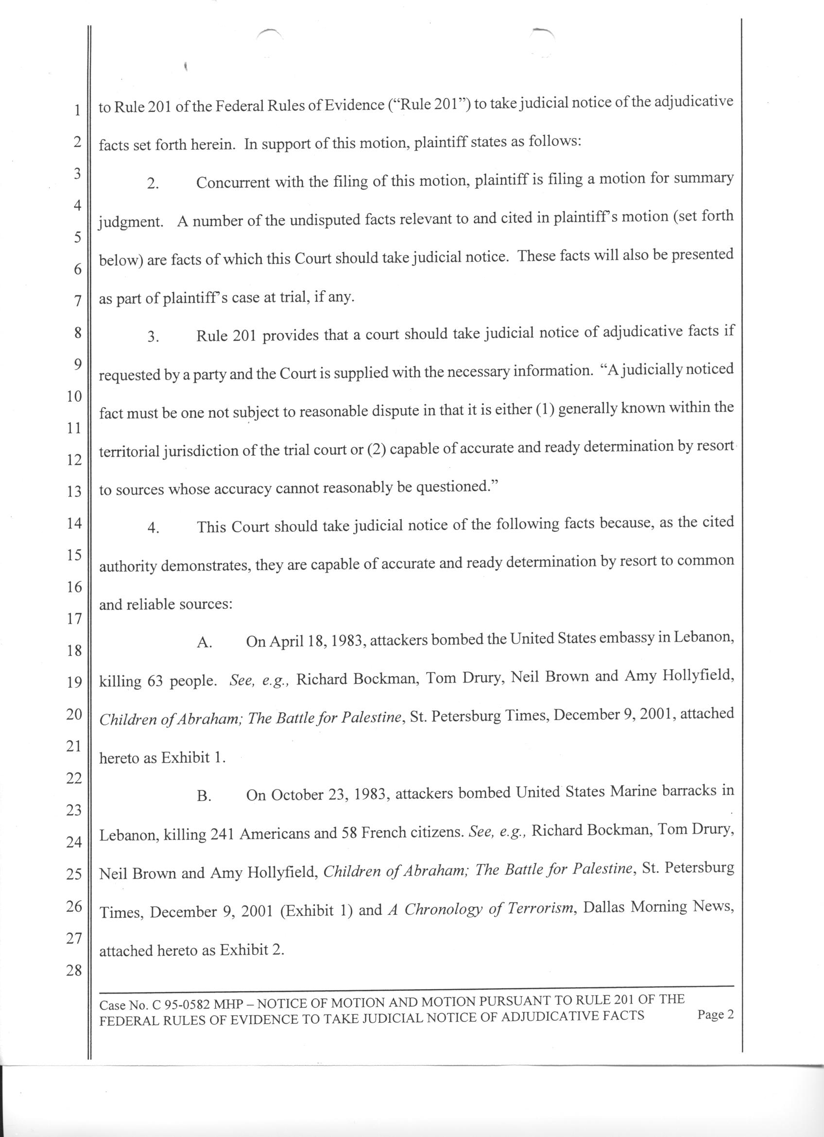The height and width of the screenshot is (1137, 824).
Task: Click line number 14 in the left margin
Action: coord(74,524)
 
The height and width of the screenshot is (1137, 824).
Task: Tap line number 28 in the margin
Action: coord(74,971)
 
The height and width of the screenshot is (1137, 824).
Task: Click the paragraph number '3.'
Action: coord(153,337)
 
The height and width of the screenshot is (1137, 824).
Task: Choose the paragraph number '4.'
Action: coord(153,528)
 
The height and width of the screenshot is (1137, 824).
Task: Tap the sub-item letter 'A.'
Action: coord(204,643)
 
